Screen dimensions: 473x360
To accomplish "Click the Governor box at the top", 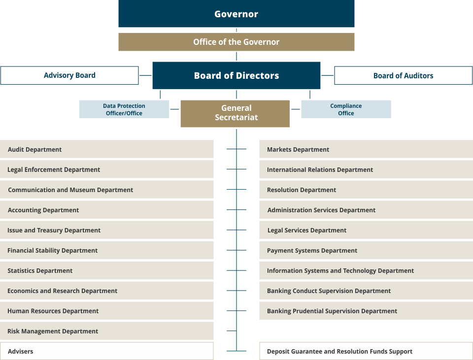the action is tap(236, 14).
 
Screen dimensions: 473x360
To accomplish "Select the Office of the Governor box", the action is tap(236, 42).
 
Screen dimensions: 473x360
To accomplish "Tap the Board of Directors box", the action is tap(236, 75).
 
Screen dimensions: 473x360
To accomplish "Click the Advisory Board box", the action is tap(69, 75).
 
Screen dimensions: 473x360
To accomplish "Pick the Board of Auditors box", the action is tap(404, 75).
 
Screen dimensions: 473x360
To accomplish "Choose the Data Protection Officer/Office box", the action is tap(124, 109).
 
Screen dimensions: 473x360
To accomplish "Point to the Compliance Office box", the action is tap(346, 109).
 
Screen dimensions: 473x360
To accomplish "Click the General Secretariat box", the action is tap(235, 114).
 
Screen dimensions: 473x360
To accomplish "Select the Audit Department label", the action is tap(34, 150).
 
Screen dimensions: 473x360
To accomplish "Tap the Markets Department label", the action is tap(298, 150).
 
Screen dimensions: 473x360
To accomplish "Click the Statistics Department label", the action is tap(40, 271).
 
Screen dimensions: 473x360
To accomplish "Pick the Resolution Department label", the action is tap(302, 190).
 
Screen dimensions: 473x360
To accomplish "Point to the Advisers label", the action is tap(21, 351).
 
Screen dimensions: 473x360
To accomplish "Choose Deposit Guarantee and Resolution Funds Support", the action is tap(339, 352).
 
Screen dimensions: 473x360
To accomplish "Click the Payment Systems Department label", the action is tap(312, 251).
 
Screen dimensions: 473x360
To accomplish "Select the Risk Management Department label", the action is tap(53, 331).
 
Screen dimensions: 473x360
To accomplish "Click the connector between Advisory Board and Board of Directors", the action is tap(145, 75).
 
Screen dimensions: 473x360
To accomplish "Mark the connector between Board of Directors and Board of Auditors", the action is tap(327, 75).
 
